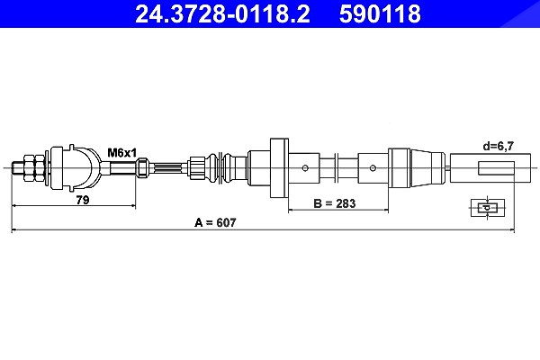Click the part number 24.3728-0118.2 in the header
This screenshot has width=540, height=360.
tap(222, 13)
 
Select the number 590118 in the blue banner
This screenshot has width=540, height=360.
tap(380, 13)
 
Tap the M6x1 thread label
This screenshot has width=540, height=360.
tap(121, 152)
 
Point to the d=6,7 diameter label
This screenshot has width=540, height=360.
tap(498, 147)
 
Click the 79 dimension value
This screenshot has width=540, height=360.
tap(83, 200)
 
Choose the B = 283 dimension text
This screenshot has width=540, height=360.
tap(335, 203)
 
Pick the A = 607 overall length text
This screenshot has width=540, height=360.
tap(215, 222)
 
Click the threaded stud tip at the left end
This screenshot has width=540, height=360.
tap(13, 168)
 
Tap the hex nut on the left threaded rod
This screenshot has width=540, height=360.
tap(34, 168)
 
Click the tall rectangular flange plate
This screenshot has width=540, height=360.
tap(279, 167)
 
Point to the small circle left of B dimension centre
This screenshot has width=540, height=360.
tap(305, 168)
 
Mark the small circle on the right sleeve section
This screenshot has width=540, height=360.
tap(373, 168)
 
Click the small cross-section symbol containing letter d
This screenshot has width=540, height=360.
tap(488, 208)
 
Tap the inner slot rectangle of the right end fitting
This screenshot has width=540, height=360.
tap(496, 167)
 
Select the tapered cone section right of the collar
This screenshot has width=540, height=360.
tap(427, 167)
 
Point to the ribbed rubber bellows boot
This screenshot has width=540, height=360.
tap(224, 167)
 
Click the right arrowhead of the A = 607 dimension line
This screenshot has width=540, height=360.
tap(512, 229)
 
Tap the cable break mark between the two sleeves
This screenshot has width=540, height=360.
tap(337, 167)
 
